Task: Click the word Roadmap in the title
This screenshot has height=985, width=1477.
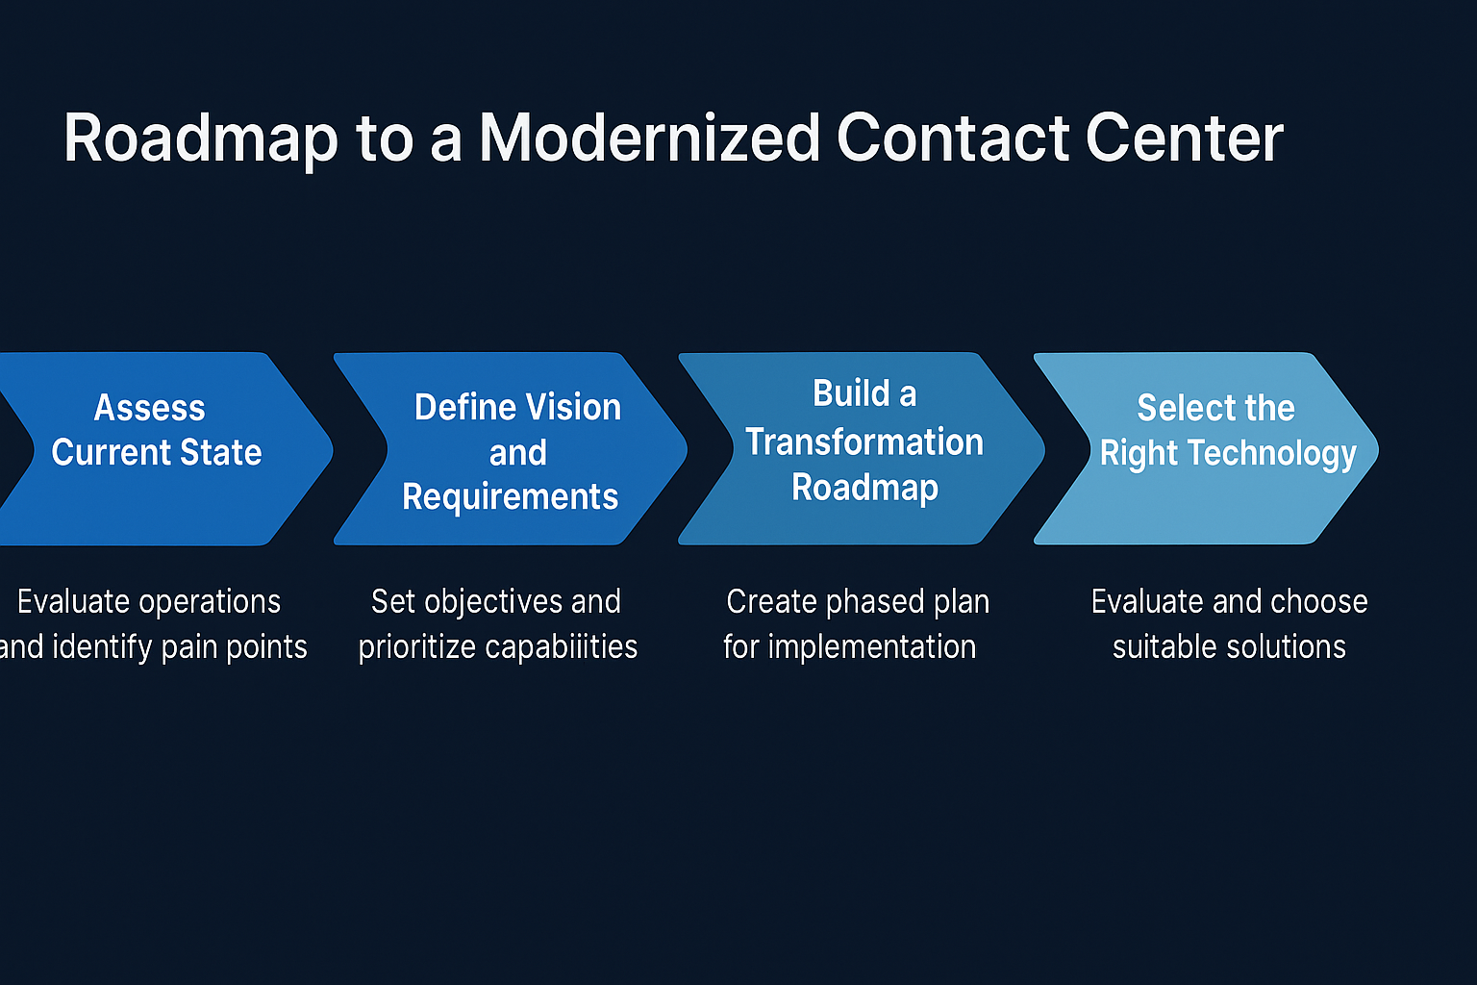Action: pyautogui.click(x=201, y=139)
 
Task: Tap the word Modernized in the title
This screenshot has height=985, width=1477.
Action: pyautogui.click(x=650, y=138)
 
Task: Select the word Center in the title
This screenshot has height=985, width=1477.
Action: pyautogui.click(x=1185, y=138)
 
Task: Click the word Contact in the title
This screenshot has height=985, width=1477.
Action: pyautogui.click(x=952, y=138)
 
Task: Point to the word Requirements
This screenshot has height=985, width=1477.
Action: pyautogui.click(x=511, y=497)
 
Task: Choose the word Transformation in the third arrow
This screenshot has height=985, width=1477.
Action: pyautogui.click(x=864, y=442)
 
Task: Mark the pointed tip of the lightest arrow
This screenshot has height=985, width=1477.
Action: pyautogui.click(x=1376, y=448)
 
